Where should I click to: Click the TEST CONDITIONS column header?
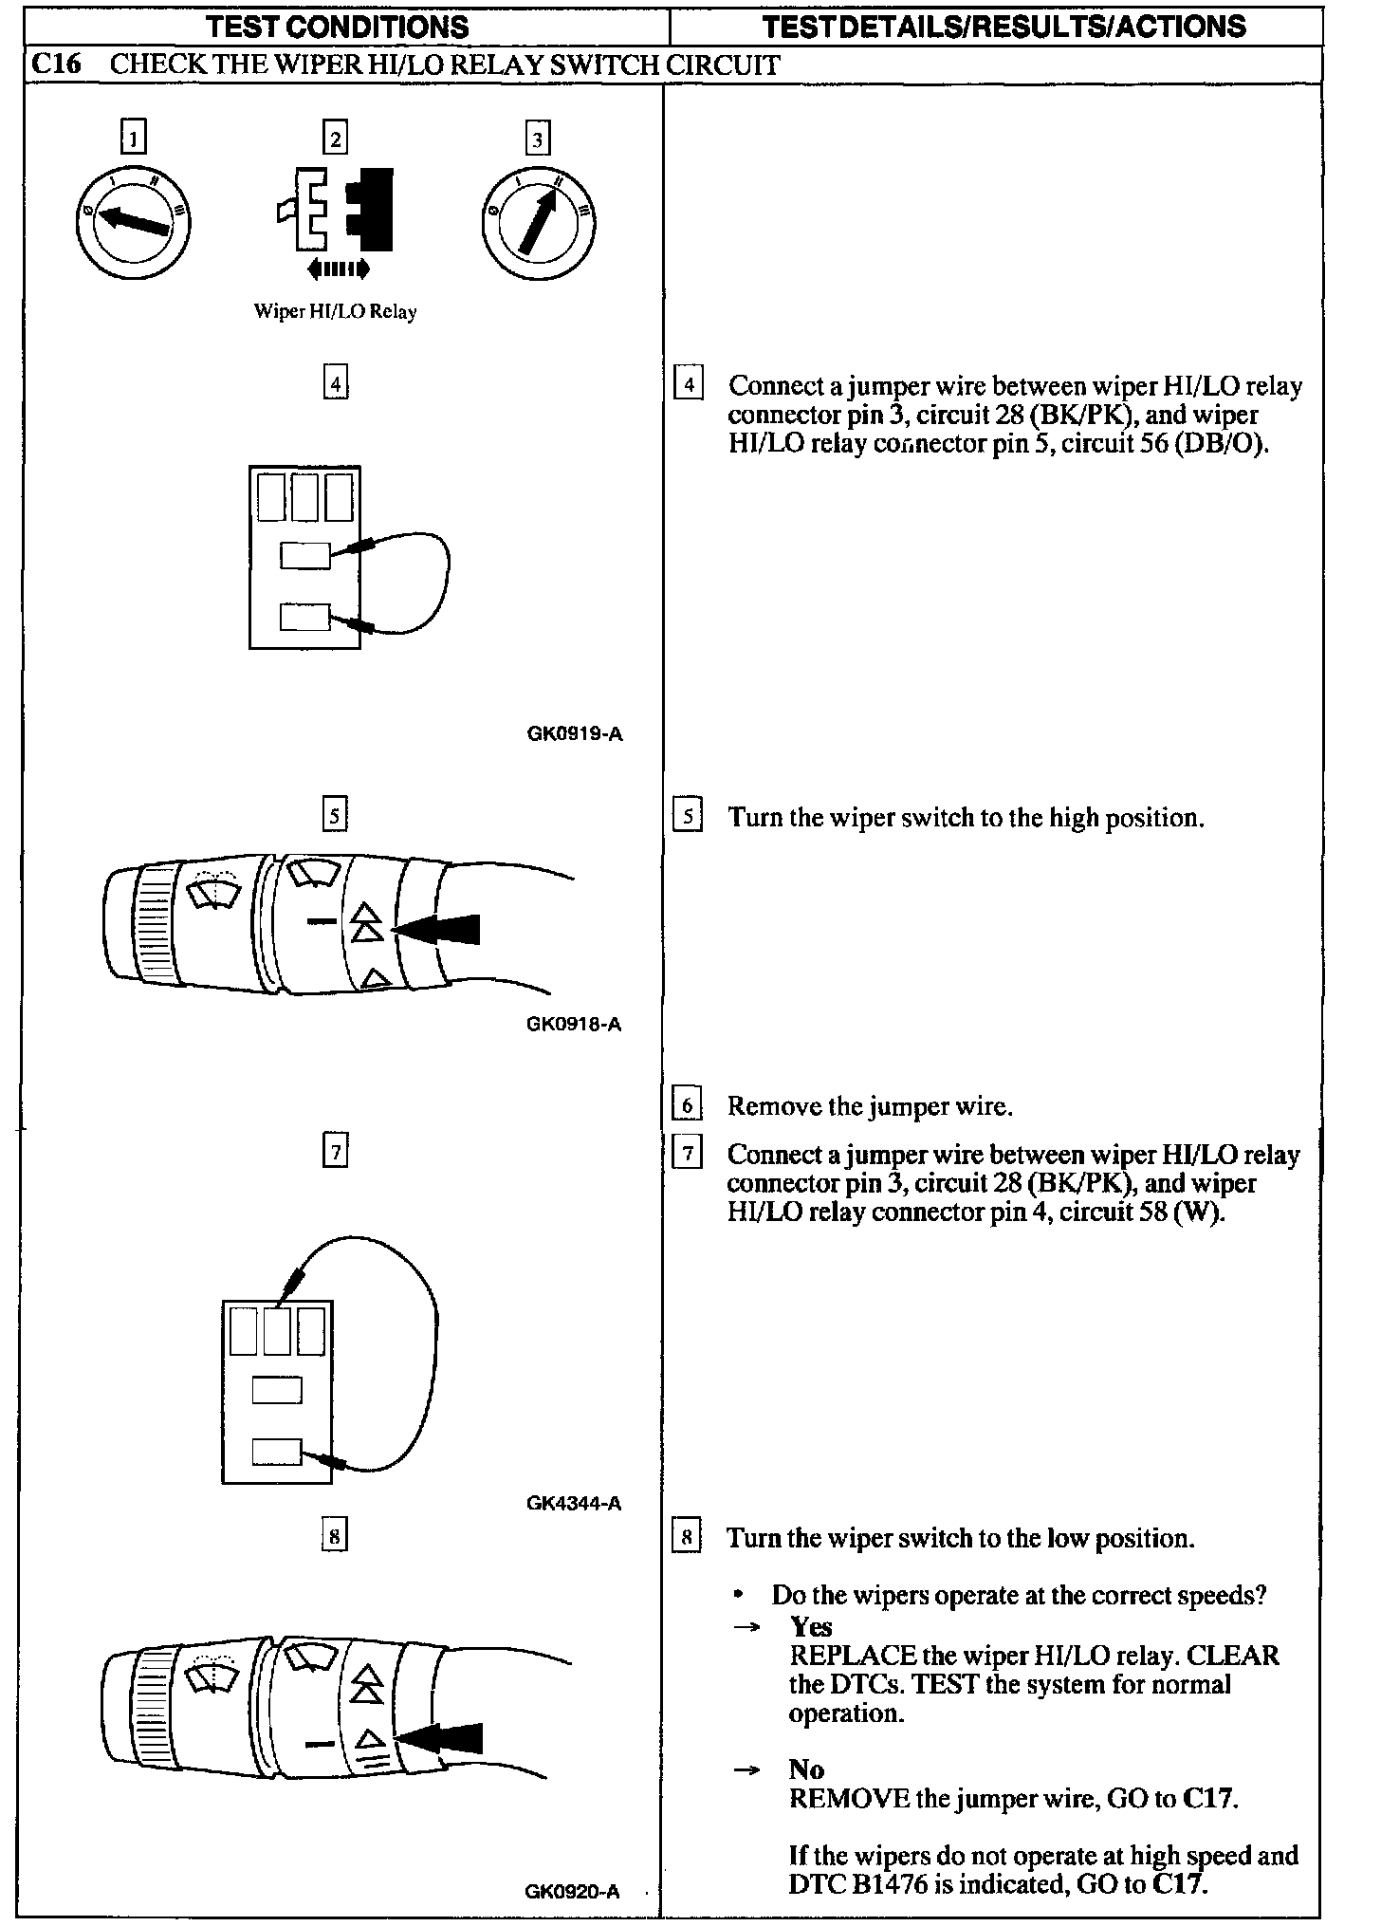[338, 26]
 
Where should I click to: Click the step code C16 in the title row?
[56, 65]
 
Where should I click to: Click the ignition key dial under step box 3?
[538, 222]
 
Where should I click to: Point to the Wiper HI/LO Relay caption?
[335, 311]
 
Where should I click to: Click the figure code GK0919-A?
[575, 733]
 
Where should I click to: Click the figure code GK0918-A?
[574, 1024]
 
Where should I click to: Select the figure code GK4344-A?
[574, 1503]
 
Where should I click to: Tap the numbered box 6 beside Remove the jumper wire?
[687, 1105]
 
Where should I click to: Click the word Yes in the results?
[811, 1627]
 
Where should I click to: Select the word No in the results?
[806, 1769]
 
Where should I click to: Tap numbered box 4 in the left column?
[336, 384]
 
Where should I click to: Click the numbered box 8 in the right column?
[687, 1538]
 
